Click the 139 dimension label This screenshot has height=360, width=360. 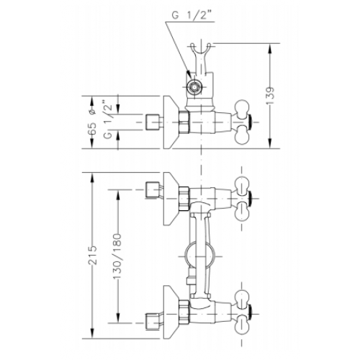(271, 95)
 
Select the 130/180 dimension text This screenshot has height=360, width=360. (117, 256)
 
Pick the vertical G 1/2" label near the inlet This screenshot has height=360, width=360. (108, 119)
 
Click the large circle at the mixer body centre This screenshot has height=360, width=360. (199, 256)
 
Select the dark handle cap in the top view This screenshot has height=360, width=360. (250, 122)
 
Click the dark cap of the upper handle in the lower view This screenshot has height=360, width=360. (250, 199)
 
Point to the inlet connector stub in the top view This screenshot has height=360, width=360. (153, 122)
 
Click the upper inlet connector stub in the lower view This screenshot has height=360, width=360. (153, 189)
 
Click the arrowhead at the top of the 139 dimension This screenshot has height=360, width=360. (271, 49)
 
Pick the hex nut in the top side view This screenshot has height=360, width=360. (184, 122)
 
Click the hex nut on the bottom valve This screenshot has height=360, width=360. (184, 311)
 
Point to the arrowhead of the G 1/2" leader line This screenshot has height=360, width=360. (188, 75)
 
